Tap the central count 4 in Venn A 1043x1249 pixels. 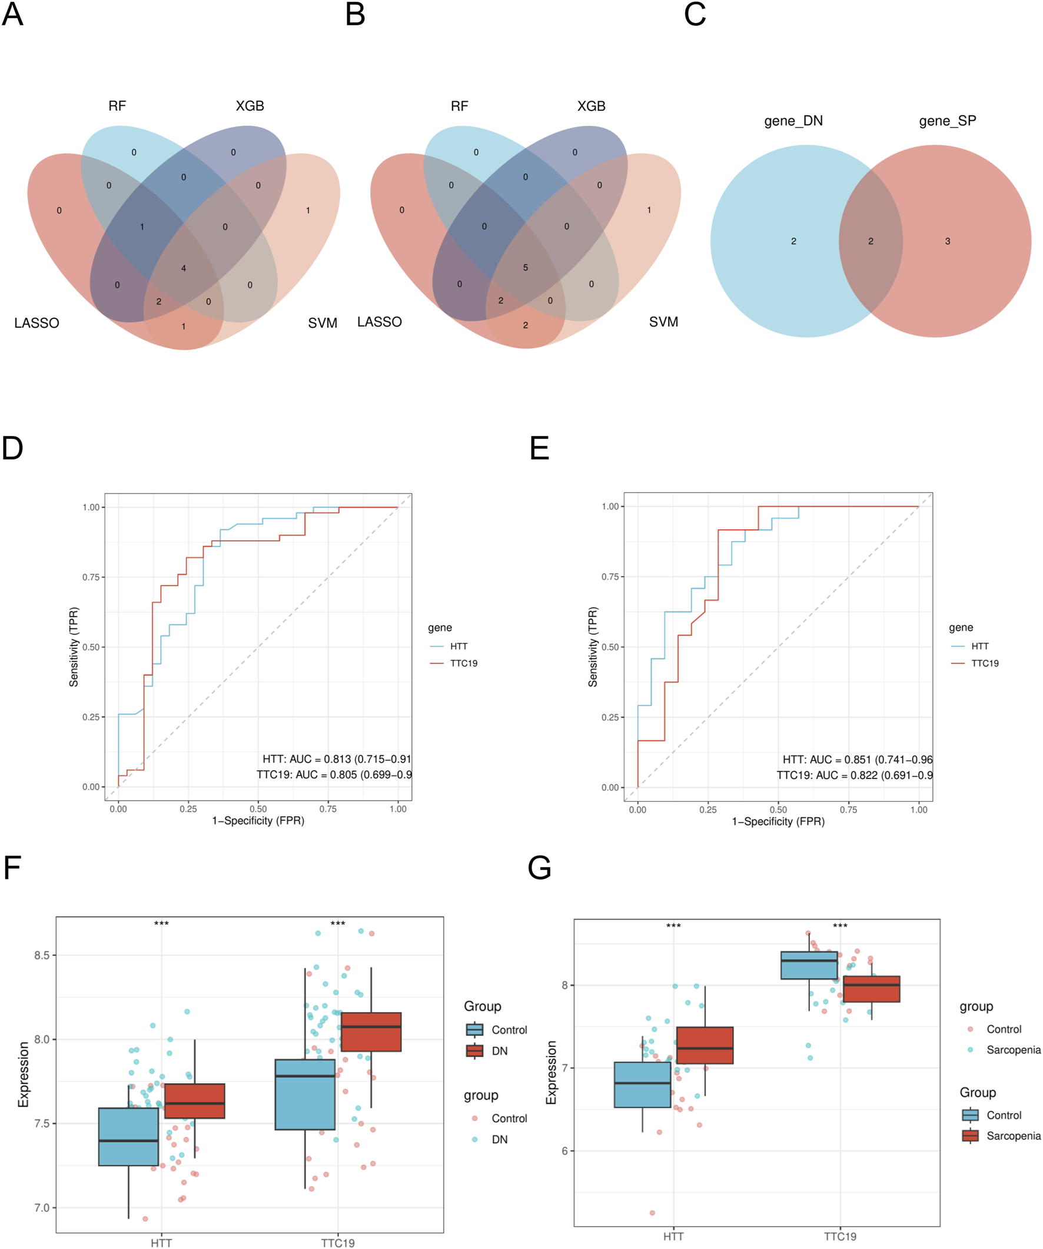pyautogui.click(x=183, y=268)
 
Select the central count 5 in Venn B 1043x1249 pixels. pyautogui.click(x=526, y=268)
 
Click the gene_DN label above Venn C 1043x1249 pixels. pyautogui.click(x=793, y=121)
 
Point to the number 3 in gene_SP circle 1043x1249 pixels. pyautogui.click(x=947, y=241)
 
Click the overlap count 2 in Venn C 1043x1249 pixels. pyautogui.click(x=871, y=241)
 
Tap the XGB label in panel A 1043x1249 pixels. pyautogui.click(x=250, y=106)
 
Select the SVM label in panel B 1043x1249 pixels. pyautogui.click(x=663, y=322)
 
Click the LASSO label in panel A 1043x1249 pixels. pyautogui.click(x=37, y=323)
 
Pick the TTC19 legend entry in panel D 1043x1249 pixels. pyautogui.click(x=463, y=663)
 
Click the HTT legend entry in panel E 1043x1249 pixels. pyautogui.click(x=979, y=646)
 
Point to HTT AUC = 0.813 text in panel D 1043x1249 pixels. pyautogui.click(x=336, y=759)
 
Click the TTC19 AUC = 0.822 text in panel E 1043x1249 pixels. pyautogui.click(x=854, y=775)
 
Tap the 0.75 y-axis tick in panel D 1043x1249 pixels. pyautogui.click(x=91, y=577)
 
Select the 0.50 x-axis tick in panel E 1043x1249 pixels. pyautogui.click(x=778, y=810)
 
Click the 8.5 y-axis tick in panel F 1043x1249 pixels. pyautogui.click(x=42, y=955)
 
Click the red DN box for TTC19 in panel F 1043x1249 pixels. pyautogui.click(x=371, y=1032)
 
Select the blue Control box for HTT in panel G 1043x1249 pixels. pyautogui.click(x=642, y=1084)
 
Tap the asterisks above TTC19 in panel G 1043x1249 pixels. pyautogui.click(x=839, y=926)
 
